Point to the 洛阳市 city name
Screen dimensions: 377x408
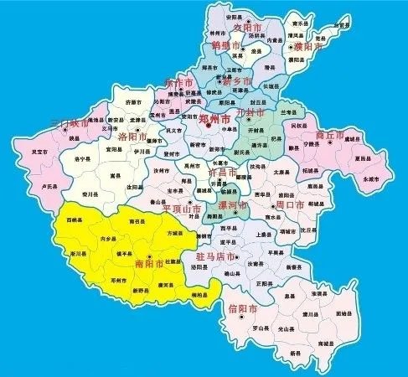132,136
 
